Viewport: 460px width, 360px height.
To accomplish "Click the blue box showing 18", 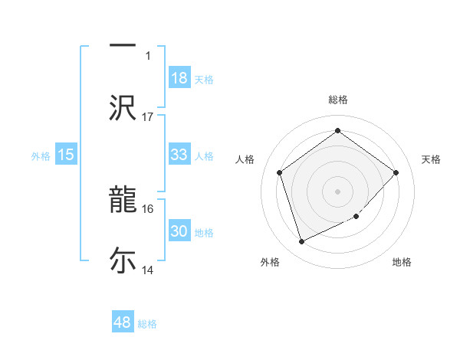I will pos(179,79).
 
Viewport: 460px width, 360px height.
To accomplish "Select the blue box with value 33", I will pos(179,155).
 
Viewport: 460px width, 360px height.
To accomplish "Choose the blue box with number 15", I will pos(66,155).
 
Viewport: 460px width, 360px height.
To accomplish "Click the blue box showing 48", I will pos(123,322).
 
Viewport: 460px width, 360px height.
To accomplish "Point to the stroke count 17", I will pos(148,117).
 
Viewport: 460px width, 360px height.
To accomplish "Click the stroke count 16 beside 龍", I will pos(148,208).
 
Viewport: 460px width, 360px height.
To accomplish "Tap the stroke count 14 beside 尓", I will pos(148,270).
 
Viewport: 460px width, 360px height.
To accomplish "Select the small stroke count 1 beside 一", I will pos(148,56).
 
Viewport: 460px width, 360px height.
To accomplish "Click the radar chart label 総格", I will pos(337,100).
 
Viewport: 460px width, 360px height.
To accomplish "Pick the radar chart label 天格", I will pos(431,159).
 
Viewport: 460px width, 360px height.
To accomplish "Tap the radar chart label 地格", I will pos(402,262).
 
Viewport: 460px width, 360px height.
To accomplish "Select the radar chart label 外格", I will pos(269,262).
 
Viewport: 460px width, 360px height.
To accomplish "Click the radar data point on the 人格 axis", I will pos(279,172).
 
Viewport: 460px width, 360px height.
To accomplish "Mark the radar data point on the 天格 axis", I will pos(396,172).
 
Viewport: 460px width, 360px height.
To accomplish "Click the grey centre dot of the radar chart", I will pos(337,191).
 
